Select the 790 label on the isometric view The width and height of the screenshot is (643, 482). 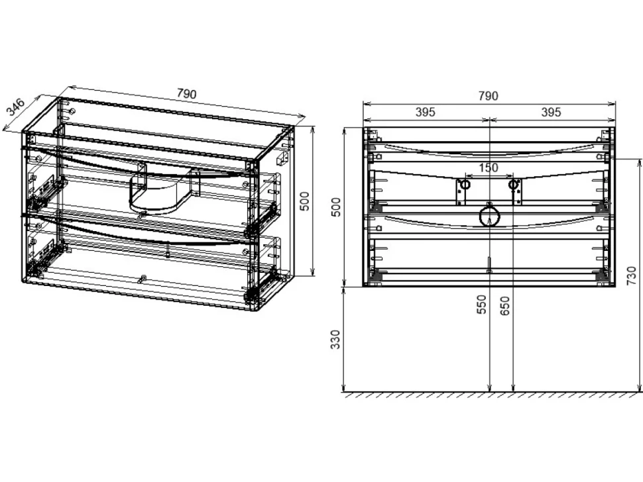click(186, 93)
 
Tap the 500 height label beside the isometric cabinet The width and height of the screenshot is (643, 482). click(305, 201)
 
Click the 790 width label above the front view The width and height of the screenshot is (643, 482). click(488, 96)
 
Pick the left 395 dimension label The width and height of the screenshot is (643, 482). click(426, 112)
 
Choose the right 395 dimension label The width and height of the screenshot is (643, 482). click(551, 112)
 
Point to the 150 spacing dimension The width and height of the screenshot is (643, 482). click(488, 168)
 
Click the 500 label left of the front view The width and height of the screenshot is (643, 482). click(336, 207)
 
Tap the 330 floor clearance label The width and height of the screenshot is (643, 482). click(336, 340)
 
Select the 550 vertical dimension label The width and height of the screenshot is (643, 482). click(483, 304)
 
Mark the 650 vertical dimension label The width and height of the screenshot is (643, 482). click(505, 305)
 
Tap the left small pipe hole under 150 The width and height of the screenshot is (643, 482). click(465, 185)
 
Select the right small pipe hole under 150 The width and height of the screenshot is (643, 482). click(513, 185)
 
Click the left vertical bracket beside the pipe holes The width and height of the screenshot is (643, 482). click(460, 192)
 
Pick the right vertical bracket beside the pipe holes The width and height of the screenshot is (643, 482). click(518, 192)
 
